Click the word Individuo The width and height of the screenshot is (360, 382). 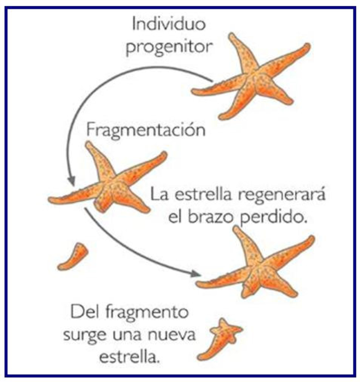coord(169,24)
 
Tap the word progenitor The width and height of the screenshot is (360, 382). coord(169,47)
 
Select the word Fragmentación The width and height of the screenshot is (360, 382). coord(146,130)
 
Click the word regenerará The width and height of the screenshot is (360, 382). coord(282,194)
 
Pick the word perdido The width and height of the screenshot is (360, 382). coord(273,217)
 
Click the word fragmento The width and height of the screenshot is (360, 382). coord(147,313)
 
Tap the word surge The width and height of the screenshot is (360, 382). coord(85,336)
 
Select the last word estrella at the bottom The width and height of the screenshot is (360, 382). coord(130,357)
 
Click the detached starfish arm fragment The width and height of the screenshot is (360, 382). coord(73,257)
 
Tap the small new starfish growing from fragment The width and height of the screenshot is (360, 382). coord(220,339)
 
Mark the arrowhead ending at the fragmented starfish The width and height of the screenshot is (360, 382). coord(72,180)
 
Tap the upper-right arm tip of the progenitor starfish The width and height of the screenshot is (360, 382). coord(307,46)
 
